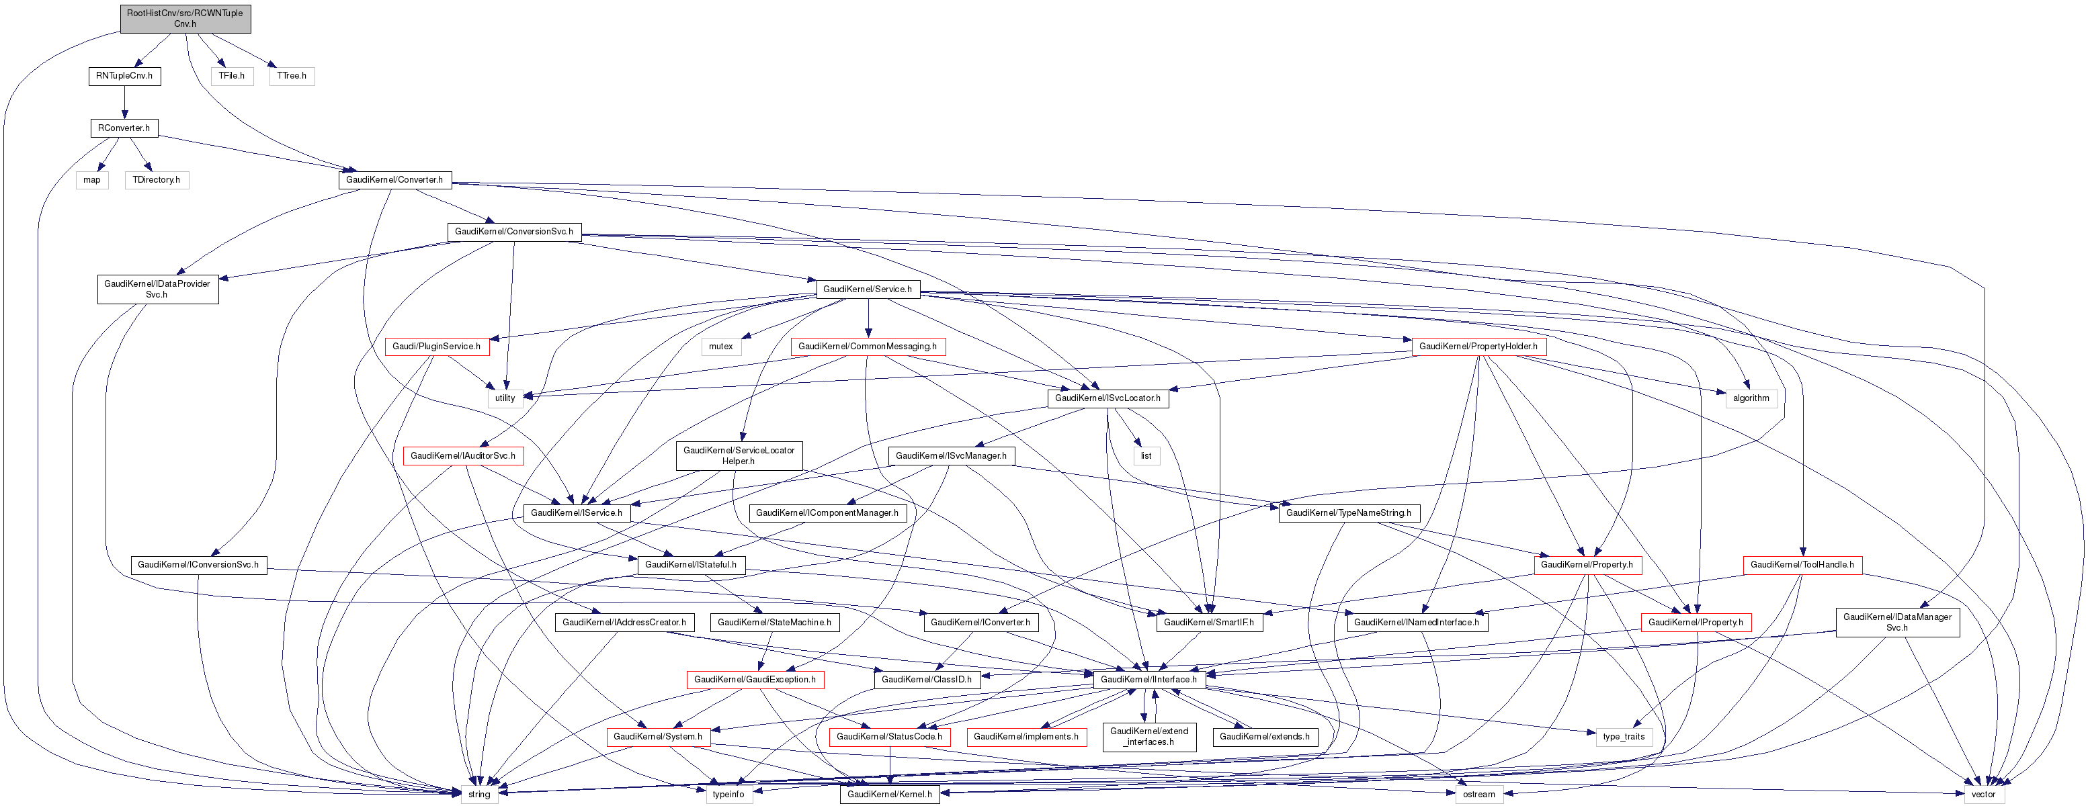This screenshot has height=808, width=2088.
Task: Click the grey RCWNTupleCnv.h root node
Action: [x=185, y=19]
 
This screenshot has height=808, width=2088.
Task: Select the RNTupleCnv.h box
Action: [x=124, y=76]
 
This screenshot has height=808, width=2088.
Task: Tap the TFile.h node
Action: [x=232, y=76]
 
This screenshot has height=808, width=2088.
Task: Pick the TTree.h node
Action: [x=292, y=76]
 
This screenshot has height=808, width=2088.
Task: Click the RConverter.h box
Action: [x=124, y=128]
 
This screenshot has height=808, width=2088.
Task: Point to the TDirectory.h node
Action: [x=157, y=180]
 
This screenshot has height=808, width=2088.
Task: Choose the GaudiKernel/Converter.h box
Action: [x=394, y=180]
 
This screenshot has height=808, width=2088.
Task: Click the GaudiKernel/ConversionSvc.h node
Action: [x=514, y=232]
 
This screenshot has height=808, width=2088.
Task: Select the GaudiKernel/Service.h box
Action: [x=868, y=289]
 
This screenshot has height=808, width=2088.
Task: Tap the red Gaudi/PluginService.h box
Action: [x=436, y=347]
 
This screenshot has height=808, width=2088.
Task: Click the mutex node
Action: [x=720, y=347]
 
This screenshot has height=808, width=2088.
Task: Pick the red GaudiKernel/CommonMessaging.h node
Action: [x=868, y=347]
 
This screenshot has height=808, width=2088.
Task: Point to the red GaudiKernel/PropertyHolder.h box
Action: [x=1478, y=347]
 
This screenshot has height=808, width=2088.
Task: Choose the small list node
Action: [x=1146, y=456]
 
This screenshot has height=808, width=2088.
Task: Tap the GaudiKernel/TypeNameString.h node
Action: [x=1349, y=513]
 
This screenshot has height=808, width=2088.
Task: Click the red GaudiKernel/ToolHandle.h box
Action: [x=1802, y=565]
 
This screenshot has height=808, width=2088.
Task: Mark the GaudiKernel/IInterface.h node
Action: [x=1149, y=680]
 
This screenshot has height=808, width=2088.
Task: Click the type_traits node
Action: [x=1624, y=737]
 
